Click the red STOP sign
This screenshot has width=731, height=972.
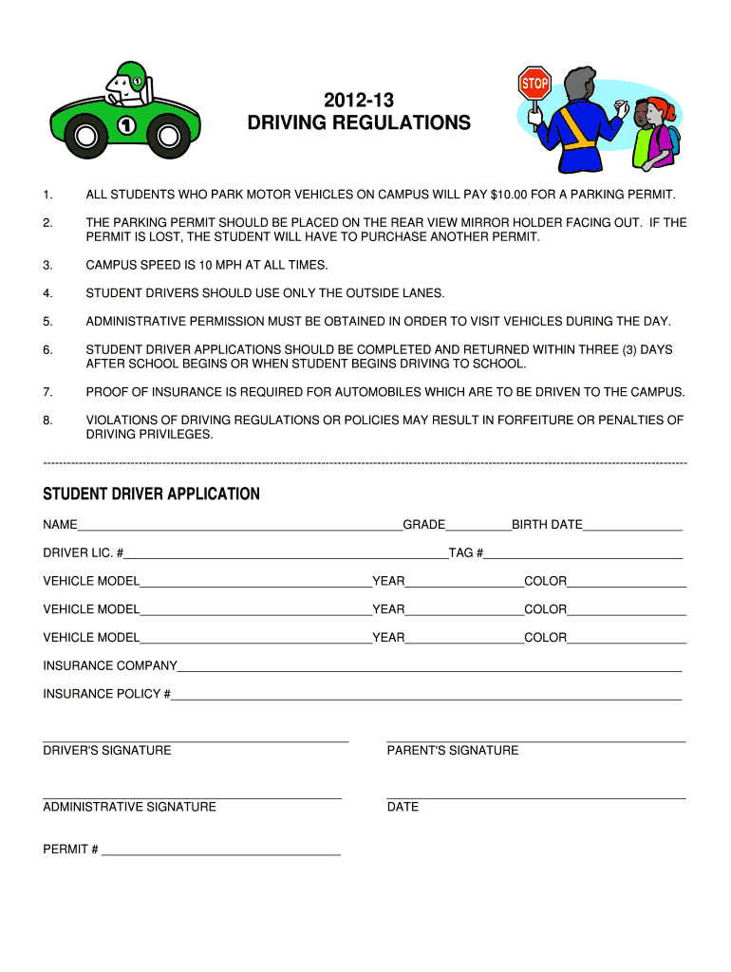pyautogui.click(x=534, y=83)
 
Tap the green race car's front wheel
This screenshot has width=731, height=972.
pyautogui.click(x=168, y=137)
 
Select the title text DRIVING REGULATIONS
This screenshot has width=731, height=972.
pyautogui.click(x=359, y=123)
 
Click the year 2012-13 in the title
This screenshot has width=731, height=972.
pyautogui.click(x=359, y=100)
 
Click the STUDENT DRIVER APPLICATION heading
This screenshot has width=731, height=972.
pyautogui.click(x=151, y=495)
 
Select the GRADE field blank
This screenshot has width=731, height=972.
pyautogui.click(x=478, y=526)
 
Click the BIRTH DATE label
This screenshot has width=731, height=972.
pyautogui.click(x=547, y=525)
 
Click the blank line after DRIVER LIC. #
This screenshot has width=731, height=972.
pyautogui.click(x=285, y=554)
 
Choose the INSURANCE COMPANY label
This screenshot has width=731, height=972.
pyautogui.click(x=110, y=666)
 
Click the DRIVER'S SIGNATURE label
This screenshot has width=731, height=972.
pyautogui.click(x=107, y=751)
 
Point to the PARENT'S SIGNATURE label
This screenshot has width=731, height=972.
pyautogui.click(x=453, y=751)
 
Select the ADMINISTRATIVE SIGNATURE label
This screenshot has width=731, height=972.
pyautogui.click(x=129, y=807)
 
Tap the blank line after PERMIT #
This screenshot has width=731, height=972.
pyautogui.click(x=220, y=851)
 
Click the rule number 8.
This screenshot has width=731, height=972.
pyautogui.click(x=47, y=420)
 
